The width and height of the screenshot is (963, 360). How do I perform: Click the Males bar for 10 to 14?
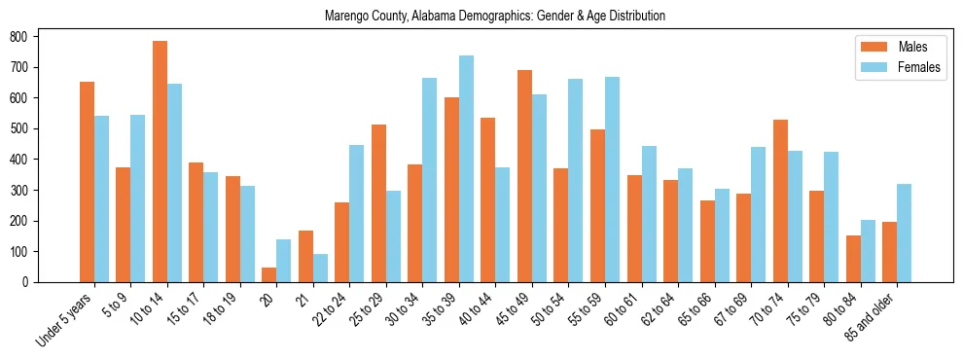[x=160, y=162]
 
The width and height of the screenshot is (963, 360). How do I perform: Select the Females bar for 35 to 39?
[x=466, y=169]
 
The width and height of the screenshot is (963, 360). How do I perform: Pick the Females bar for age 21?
[x=320, y=269]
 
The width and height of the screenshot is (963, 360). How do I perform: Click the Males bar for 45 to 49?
[x=524, y=176]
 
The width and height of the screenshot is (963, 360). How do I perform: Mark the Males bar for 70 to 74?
[x=780, y=201]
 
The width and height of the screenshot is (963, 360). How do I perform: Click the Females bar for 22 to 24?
[x=357, y=214]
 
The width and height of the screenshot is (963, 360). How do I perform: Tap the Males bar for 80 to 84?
[x=853, y=259]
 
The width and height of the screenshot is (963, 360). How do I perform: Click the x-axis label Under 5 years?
[x=66, y=320]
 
